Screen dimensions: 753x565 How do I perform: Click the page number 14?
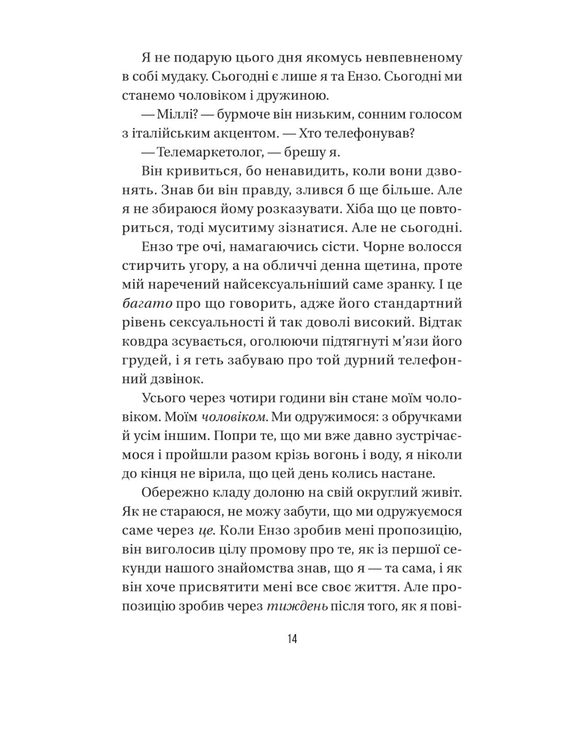292,638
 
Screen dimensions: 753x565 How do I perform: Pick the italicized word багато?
147,303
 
